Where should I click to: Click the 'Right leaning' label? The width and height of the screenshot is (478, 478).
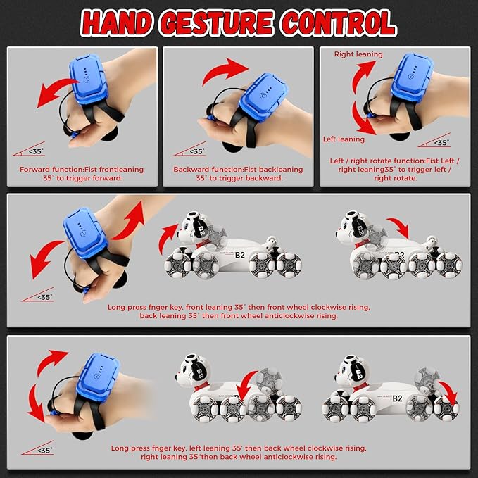click(x=358, y=54)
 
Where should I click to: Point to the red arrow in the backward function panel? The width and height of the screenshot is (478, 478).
click(x=227, y=70)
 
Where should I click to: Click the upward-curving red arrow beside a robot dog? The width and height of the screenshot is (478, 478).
click(x=169, y=237)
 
